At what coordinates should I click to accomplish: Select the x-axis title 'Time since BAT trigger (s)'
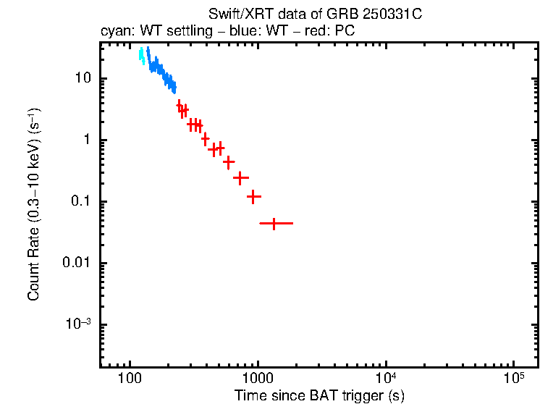(x=319, y=395)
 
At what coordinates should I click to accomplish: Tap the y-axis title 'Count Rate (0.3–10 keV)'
(x=34, y=204)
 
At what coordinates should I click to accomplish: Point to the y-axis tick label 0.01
(x=75, y=263)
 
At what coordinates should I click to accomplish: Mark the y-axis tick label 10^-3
(x=77, y=323)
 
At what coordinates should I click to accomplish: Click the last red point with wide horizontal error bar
(x=274, y=224)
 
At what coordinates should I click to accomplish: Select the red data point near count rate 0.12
(x=253, y=196)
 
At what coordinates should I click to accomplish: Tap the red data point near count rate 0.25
(x=240, y=177)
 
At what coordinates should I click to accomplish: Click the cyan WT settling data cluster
(x=142, y=56)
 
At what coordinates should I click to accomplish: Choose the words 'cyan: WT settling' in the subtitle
(x=145, y=32)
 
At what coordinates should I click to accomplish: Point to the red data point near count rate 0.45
(x=229, y=162)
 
